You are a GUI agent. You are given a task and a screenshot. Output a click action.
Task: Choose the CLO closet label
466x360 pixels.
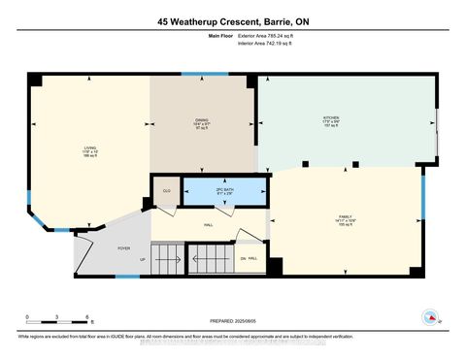coord(166,190)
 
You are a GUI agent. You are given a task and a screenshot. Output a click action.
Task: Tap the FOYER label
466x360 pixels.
coord(124,247)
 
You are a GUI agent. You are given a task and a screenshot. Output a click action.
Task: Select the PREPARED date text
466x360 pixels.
coord(231,321)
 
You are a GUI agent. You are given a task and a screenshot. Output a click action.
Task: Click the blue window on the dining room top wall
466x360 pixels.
coord(206,73)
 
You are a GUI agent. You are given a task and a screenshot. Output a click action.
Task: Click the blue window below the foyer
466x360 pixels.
coord(127,277)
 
